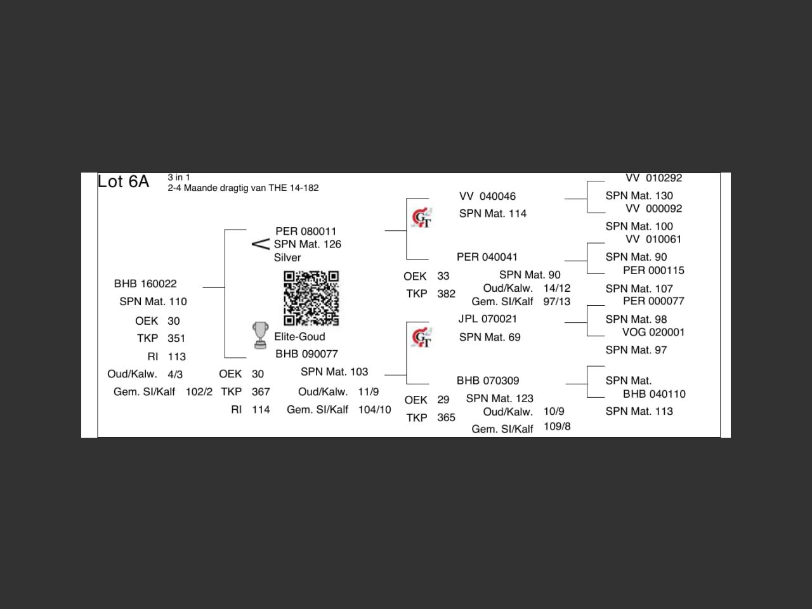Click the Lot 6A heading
123,182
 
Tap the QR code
311,298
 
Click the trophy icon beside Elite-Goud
260,336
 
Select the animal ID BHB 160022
145,284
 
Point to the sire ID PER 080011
306,232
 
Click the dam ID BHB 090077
306,354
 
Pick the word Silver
287,258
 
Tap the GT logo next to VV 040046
422,218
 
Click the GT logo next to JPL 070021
422,337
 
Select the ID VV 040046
487,197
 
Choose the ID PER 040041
487,257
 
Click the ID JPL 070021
487,319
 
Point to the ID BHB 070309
488,381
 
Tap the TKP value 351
176,339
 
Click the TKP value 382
446,294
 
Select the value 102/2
199,392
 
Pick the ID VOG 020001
653,332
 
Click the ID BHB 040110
654,394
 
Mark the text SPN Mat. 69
490,337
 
